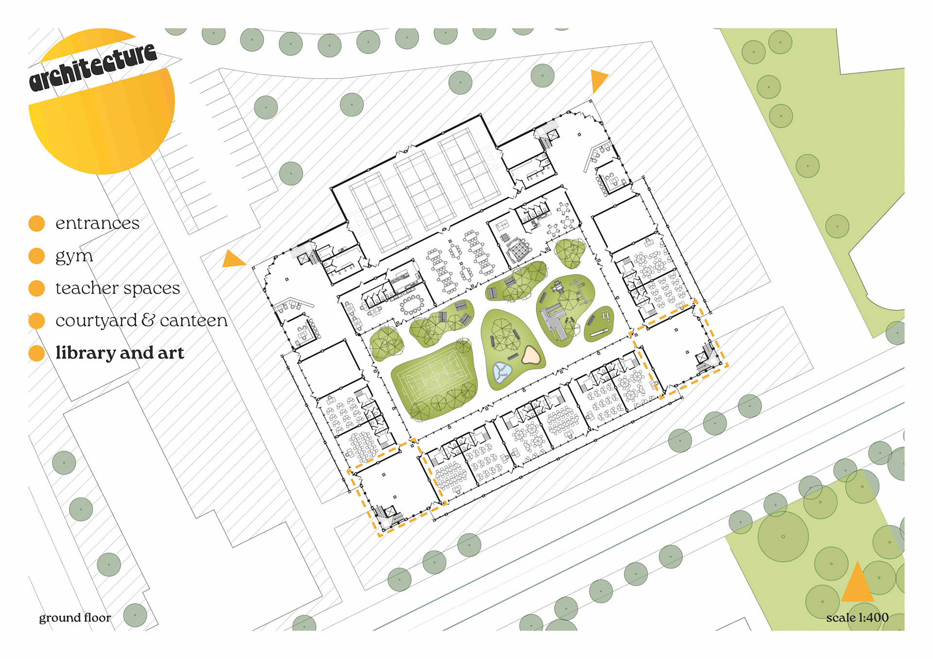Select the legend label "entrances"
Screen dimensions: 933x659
[x=97, y=223]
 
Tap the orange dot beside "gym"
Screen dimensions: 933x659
[x=36, y=256]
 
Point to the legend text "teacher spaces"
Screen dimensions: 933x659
[x=118, y=288]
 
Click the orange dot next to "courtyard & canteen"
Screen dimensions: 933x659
[x=36, y=321]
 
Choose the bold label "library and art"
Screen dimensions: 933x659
[x=120, y=353]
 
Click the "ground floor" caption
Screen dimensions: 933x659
[x=75, y=618]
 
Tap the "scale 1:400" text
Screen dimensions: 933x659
[x=857, y=618]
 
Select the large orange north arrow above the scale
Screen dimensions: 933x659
[x=857, y=583]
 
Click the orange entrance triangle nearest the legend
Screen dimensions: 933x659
[x=233, y=259]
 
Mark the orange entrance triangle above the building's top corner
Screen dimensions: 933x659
[x=598, y=80]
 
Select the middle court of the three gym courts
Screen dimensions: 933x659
[x=425, y=189]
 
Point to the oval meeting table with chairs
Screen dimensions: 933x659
[x=412, y=304]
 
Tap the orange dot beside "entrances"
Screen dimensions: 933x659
[x=36, y=223]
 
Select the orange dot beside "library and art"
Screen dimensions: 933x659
[x=36, y=353]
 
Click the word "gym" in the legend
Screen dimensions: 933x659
[x=74, y=256]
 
